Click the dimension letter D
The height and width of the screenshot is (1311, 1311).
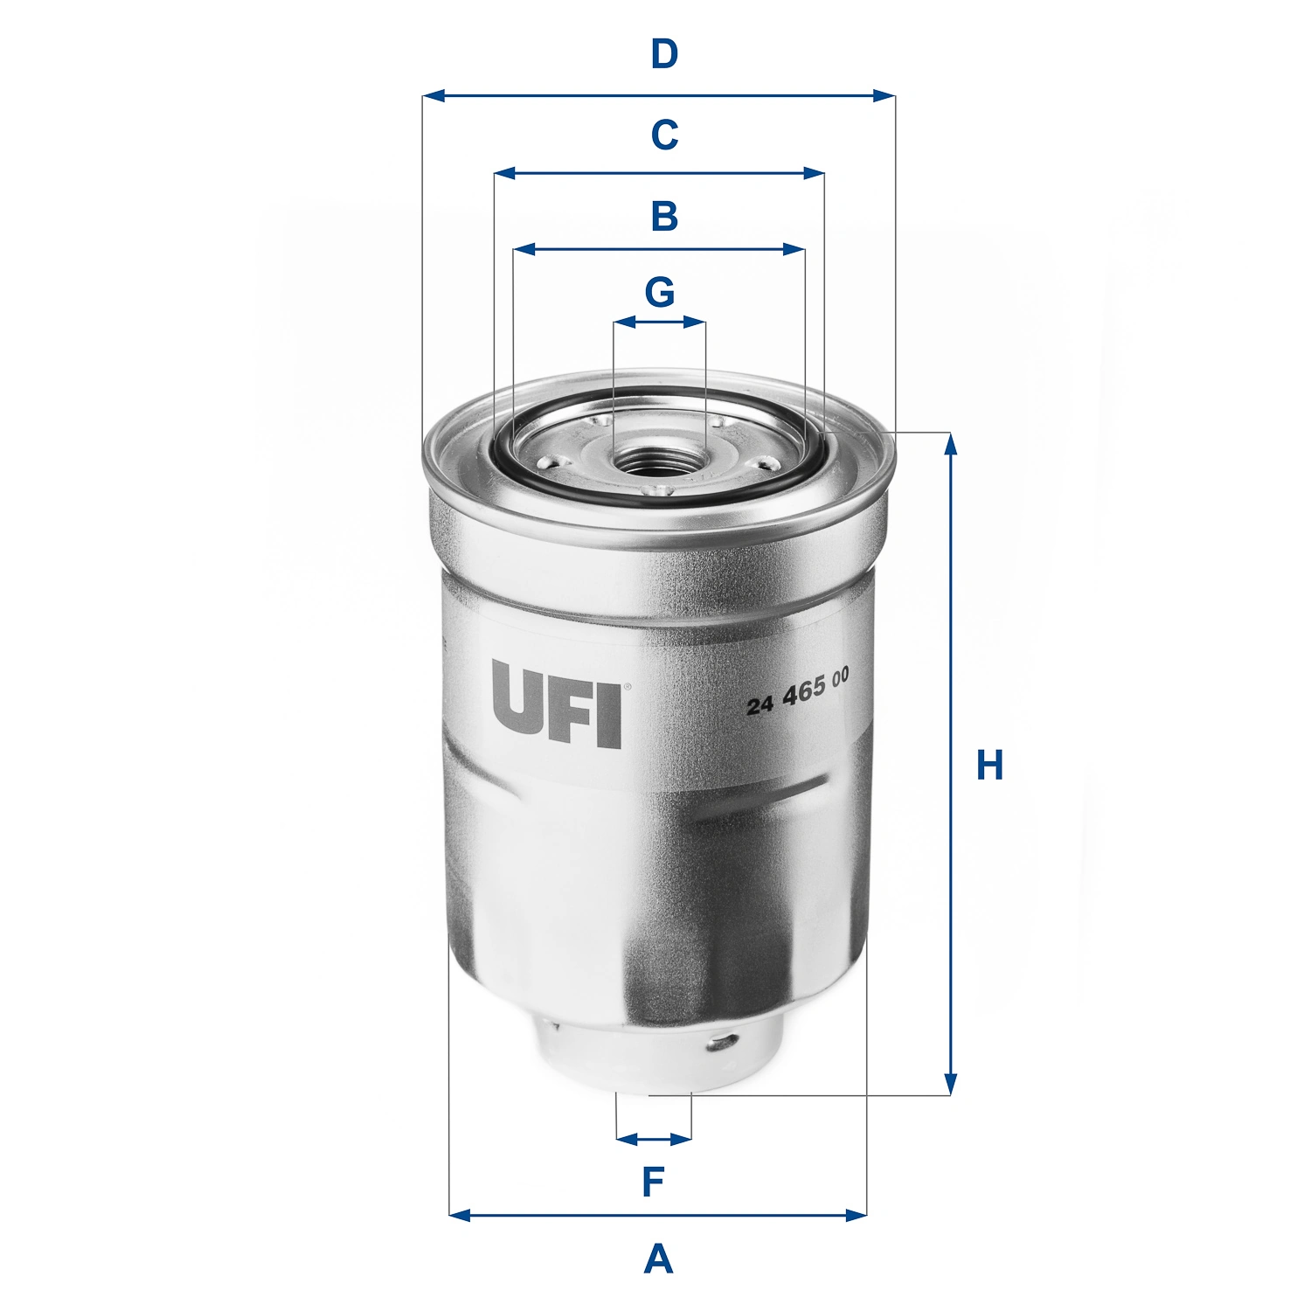click(x=664, y=54)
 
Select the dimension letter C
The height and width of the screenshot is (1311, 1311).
click(x=664, y=135)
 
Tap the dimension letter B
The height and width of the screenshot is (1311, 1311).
click(x=664, y=216)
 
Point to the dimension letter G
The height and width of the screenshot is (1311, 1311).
click(x=660, y=292)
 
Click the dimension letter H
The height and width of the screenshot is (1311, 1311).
click(x=989, y=766)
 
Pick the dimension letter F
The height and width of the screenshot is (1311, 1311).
click(x=654, y=1183)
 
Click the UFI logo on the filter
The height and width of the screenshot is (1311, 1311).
click(x=556, y=704)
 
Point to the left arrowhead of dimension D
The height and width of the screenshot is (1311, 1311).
click(x=431, y=95)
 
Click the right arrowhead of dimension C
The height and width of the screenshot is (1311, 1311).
click(x=816, y=174)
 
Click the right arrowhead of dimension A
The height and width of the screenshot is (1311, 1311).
click(x=857, y=1214)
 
